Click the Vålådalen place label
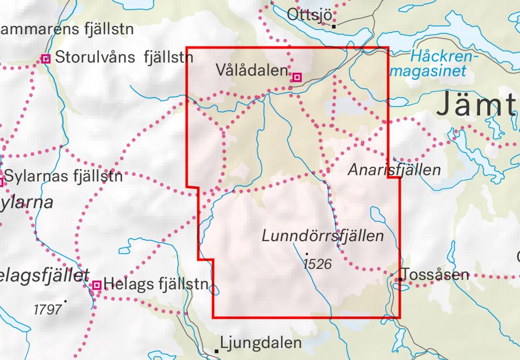[x=252, y=70]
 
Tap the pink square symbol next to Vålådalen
[x=297, y=78]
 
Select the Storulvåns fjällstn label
[x=124, y=57]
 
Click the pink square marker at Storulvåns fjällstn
[x=46, y=59]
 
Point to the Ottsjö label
[x=309, y=15]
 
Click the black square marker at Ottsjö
[x=334, y=24]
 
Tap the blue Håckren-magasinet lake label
[x=438, y=63]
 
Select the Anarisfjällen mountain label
[x=394, y=170]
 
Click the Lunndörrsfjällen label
[x=323, y=236]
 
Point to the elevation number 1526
[x=318, y=263]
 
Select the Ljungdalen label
[x=261, y=343]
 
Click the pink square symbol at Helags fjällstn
[x=97, y=286]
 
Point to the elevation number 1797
[x=47, y=309]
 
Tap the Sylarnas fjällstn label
[x=64, y=176]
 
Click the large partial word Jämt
[x=476, y=105]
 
